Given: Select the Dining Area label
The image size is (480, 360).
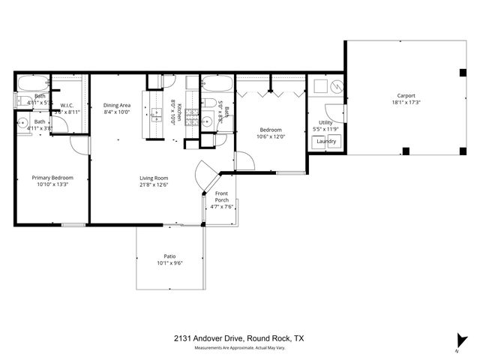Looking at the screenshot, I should point(116,105).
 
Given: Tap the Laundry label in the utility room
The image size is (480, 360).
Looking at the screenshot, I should point(325,141).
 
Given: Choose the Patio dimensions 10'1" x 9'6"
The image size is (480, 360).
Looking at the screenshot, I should point(170,263).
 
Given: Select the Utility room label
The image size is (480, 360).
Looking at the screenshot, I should point(325,121).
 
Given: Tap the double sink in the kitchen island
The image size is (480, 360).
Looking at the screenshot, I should point(157,115).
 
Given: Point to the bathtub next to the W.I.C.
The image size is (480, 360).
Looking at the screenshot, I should point(31,83).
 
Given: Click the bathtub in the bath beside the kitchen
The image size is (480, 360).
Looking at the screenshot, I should point(217,83).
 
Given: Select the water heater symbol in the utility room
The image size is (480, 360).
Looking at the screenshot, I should point(337,87).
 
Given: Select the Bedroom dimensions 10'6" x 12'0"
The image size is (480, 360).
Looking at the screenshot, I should point(271,136).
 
